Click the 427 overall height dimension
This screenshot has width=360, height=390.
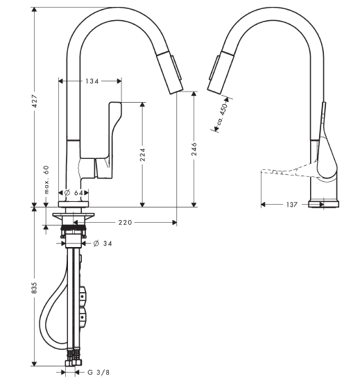[35, 101]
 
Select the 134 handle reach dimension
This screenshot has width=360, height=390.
[92, 80]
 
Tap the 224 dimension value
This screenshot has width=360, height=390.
[142, 155]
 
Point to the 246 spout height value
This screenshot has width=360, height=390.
[194, 149]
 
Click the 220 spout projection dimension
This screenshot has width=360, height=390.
[125, 222]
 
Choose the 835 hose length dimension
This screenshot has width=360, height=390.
[34, 287]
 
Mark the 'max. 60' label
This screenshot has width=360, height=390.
[46, 180]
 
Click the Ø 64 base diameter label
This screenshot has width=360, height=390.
[74, 193]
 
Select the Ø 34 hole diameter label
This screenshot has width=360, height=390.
[103, 244]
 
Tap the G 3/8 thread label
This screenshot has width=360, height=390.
[98, 373]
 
